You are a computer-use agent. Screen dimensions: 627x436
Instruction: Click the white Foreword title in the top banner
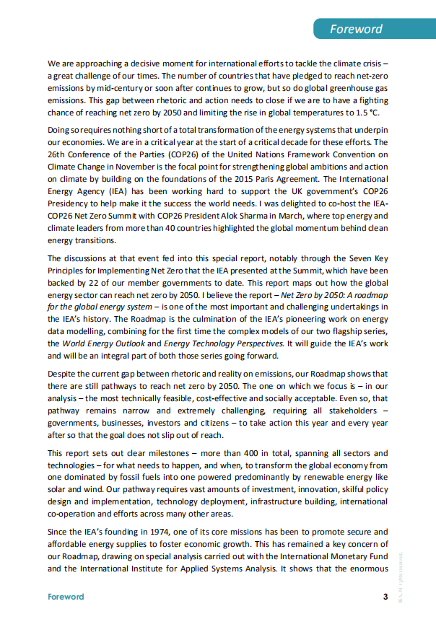click(x=356, y=30)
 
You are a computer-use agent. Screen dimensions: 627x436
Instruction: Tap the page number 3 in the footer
click(x=385, y=597)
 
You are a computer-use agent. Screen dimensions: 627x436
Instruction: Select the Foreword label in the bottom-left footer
click(x=66, y=597)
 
